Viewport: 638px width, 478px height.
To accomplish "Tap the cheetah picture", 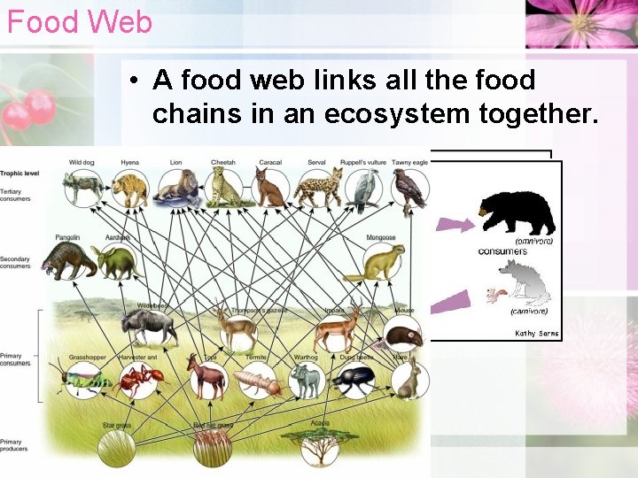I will pyautogui.click(x=223, y=188).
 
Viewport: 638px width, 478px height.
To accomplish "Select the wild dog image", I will pyautogui.click(x=82, y=187).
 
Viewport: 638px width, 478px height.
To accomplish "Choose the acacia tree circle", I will pyautogui.click(x=319, y=447).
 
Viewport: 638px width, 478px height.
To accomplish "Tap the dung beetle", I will pyautogui.click(x=354, y=380).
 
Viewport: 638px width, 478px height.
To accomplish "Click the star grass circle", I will pyautogui.click(x=116, y=447).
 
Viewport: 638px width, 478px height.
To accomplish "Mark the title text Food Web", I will pyautogui.click(x=80, y=21).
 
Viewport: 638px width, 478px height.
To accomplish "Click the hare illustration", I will pyautogui.click(x=408, y=379).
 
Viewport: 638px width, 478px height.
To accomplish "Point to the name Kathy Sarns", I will pyautogui.click(x=537, y=333).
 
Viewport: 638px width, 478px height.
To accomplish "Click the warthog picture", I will pyautogui.click(x=307, y=380).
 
